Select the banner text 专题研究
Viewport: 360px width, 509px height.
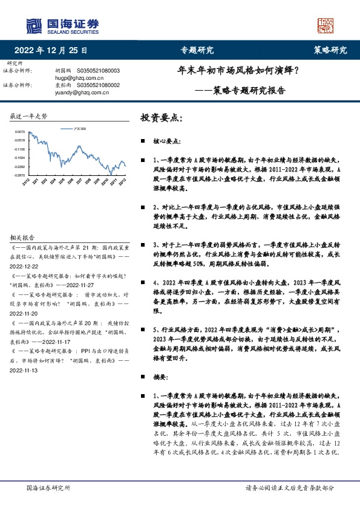coord(197,50)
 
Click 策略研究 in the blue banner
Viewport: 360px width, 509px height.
coord(330,50)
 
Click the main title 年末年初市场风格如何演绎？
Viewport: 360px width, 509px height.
coord(241,71)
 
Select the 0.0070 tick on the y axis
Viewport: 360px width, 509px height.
coord(20,131)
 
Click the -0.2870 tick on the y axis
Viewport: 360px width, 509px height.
coord(20,175)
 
